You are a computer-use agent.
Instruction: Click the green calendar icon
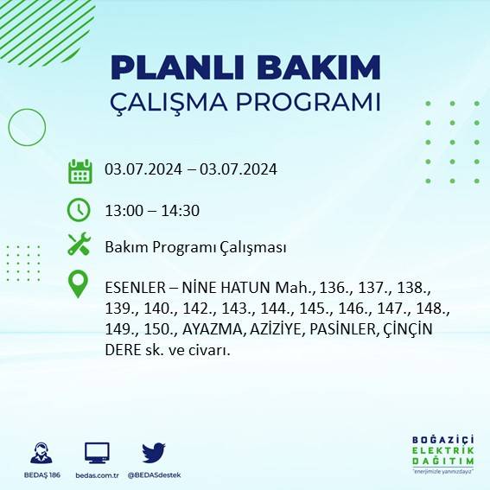[x=80, y=170]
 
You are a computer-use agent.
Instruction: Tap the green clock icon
[x=80, y=209]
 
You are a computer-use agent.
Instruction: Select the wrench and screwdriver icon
[x=80, y=245]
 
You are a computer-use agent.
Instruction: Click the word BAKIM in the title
[x=320, y=68]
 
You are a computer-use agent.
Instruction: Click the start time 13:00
[x=123, y=209]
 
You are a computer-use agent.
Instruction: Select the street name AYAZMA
[x=202, y=330]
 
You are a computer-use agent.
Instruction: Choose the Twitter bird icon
[x=154, y=453]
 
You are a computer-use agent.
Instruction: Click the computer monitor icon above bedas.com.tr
[x=97, y=453]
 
